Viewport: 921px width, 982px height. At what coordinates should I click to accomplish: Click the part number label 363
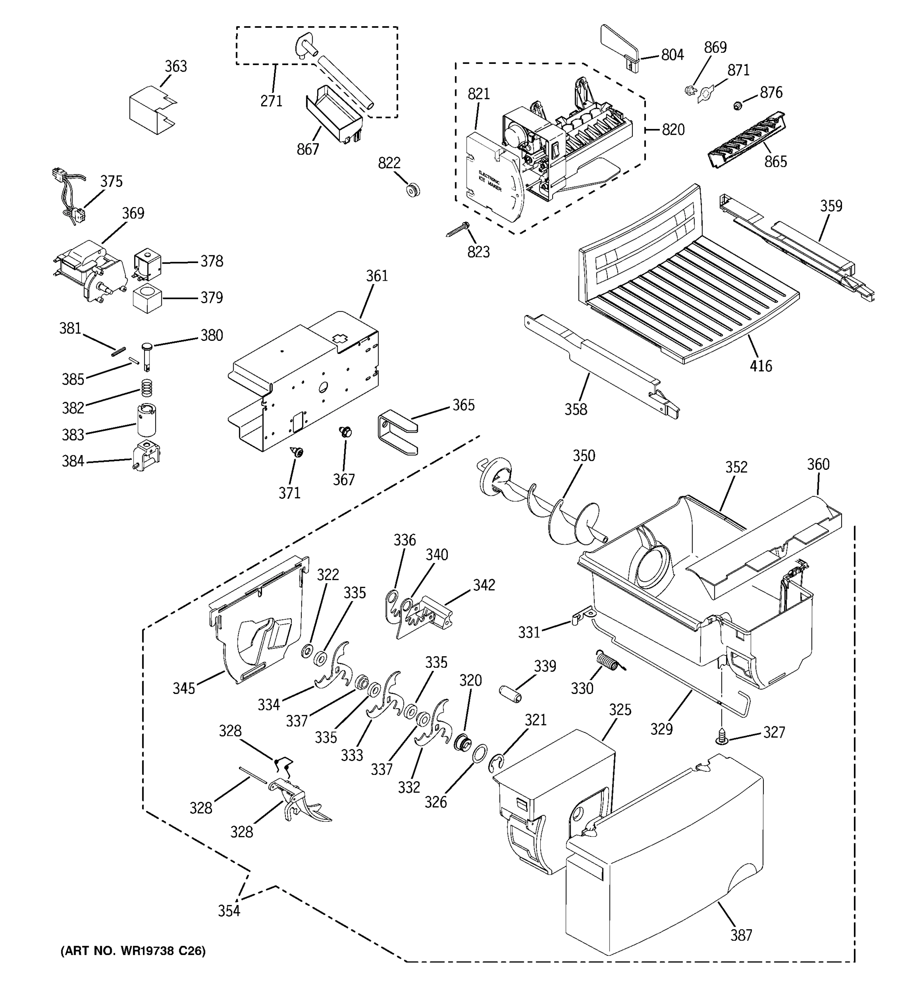pos(176,66)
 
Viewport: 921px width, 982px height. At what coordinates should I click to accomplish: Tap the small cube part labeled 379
pos(147,298)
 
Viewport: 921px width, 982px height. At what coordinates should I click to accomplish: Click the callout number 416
pos(761,366)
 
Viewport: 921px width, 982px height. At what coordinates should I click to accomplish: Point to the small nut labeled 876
pos(738,105)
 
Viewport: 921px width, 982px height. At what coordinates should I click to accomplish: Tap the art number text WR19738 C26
pos(133,950)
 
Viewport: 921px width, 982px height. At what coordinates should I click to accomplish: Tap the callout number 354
pos(229,910)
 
